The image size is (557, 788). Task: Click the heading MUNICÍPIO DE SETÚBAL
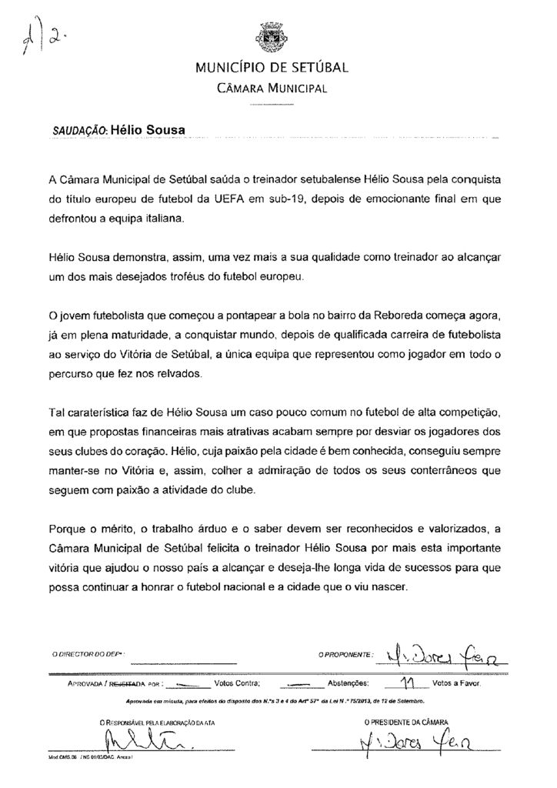[x=272, y=68]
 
